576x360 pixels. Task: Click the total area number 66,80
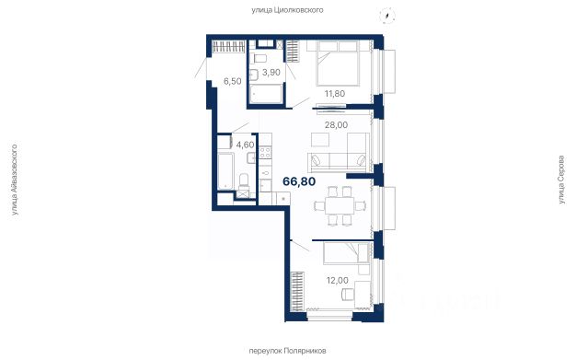299,181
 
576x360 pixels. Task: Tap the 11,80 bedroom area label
335,94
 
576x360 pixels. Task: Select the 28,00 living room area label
336,125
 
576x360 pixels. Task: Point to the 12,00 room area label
337,281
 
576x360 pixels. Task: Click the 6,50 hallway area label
233,81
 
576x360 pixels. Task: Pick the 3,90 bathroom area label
271,73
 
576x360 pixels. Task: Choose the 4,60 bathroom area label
245,145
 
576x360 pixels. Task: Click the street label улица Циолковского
287,10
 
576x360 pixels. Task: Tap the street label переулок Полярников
287,351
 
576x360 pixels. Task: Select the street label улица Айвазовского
15,180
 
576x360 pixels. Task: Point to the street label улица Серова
561,180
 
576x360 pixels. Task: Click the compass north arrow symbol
387,16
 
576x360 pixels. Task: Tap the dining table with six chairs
340,206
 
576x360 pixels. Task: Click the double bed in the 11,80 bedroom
338,64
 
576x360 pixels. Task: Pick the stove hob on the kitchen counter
265,153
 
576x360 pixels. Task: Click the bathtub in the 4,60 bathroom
225,171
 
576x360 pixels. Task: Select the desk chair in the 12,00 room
348,295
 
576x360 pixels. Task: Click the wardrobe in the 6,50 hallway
228,47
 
